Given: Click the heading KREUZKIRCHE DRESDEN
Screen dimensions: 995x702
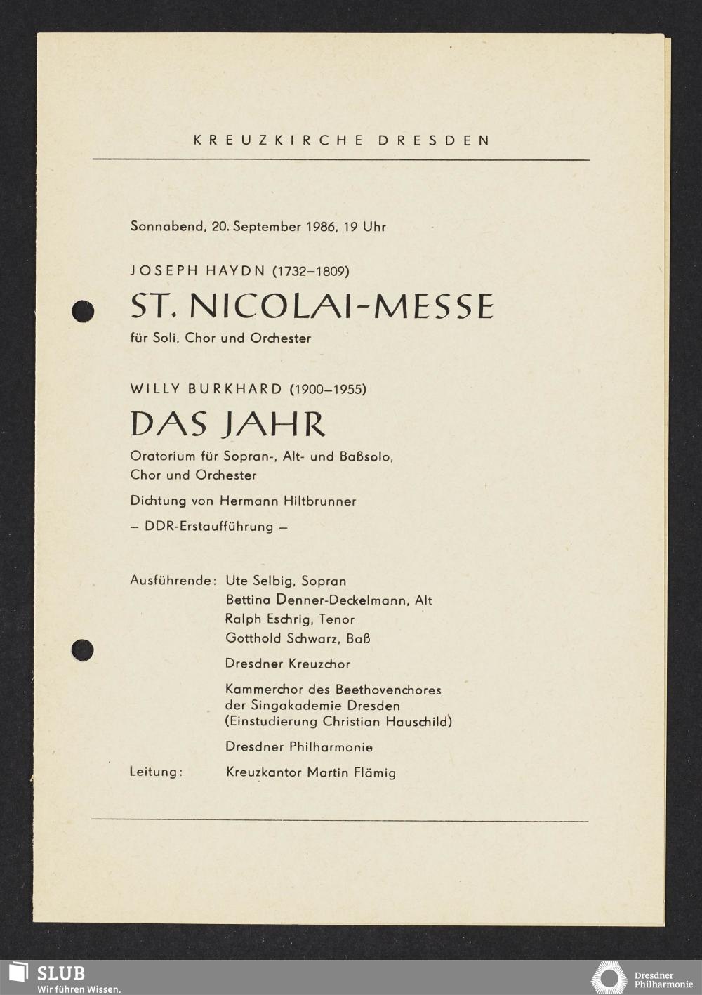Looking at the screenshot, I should tap(342, 140).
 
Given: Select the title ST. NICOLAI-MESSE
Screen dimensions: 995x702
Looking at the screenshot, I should tap(312, 306).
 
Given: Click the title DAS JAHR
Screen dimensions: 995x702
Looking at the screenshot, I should tap(228, 424).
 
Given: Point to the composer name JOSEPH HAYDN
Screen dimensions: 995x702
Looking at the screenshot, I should tap(197, 270).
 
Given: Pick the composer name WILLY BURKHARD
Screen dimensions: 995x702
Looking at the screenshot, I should tap(206, 388).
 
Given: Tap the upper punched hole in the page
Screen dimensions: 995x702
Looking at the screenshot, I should tap(83, 310).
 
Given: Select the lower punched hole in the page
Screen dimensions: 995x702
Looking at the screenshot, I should tap(82, 650).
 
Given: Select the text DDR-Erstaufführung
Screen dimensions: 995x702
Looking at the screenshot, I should tap(208, 527).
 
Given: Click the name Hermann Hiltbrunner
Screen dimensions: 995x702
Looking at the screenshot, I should tap(288, 501).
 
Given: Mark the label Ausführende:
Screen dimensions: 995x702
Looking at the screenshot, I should tap(172, 581).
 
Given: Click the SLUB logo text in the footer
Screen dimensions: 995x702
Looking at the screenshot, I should tap(60, 973).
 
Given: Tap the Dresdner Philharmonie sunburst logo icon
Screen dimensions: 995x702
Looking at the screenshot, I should tap(609, 978).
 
